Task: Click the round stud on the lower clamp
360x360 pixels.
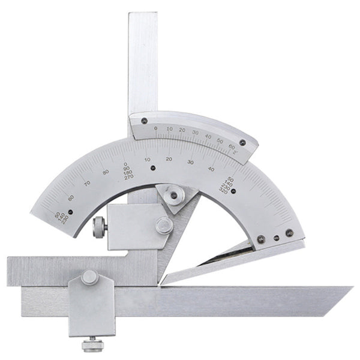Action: tap(90, 277)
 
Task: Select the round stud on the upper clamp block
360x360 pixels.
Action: tap(164, 225)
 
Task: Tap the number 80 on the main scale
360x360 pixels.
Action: tap(106, 172)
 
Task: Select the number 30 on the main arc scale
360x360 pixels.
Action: tap(190, 162)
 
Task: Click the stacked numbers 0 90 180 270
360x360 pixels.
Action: tap(126, 171)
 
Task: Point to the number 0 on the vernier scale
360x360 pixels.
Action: tap(155, 128)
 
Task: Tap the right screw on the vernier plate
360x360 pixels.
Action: tap(242, 143)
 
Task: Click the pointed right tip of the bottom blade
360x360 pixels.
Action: tap(350, 289)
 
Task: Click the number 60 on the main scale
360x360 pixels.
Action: tap(71, 197)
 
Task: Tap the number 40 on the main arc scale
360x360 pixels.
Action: tap(211, 169)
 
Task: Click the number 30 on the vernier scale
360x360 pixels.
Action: tap(195, 132)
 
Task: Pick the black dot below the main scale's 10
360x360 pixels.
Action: tap(153, 168)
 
